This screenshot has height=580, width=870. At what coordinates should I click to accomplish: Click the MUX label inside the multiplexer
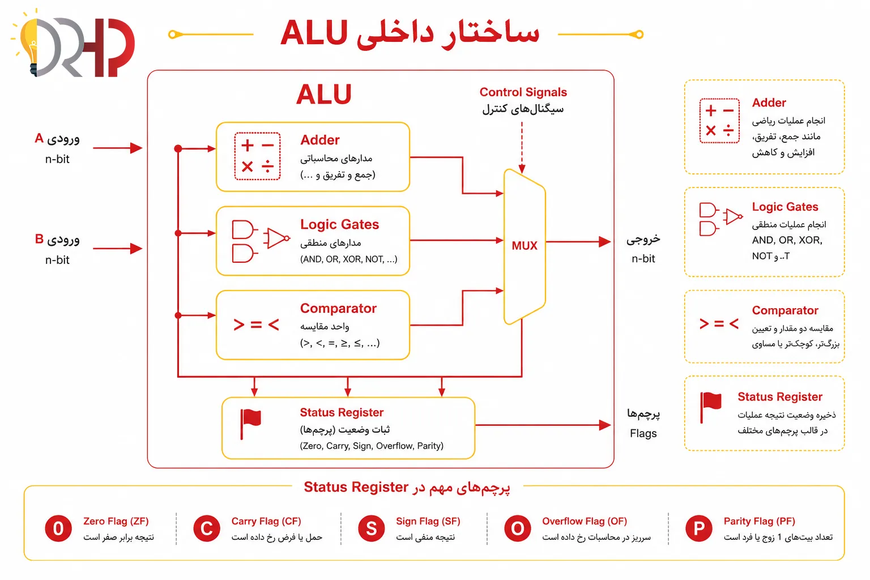point(524,245)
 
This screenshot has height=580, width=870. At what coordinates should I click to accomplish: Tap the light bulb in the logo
point(28,42)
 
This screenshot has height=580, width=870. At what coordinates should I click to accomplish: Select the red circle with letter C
point(207,528)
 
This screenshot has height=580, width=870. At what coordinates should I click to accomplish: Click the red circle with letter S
point(372,528)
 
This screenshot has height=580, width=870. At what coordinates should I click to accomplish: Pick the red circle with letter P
point(699,528)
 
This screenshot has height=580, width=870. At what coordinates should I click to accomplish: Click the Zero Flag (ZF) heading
point(116,521)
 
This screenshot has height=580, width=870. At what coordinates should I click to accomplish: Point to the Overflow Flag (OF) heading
point(585,521)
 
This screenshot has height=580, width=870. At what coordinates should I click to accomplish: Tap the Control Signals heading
point(523,92)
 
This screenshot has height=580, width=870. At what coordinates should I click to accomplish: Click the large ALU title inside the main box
point(323,95)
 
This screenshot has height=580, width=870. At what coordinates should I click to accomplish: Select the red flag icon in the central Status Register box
point(250,424)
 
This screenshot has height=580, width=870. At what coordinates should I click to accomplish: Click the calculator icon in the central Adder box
point(257,156)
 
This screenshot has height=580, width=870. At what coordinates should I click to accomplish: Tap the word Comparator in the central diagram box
point(338,308)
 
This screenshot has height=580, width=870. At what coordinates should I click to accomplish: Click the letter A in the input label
point(39,138)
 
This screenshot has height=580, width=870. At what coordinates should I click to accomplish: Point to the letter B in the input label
point(39,239)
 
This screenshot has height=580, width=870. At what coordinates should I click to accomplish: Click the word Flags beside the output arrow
point(643,433)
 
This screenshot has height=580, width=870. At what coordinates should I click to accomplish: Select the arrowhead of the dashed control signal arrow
point(522,169)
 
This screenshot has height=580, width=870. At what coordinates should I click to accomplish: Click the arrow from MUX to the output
point(578,242)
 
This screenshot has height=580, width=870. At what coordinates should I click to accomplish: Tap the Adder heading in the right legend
point(769,103)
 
